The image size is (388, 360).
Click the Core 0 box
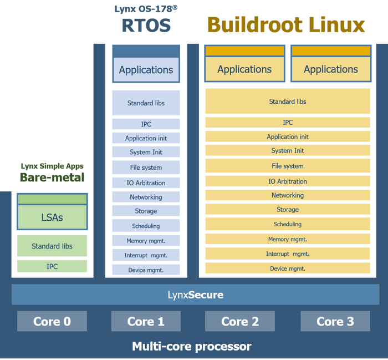[x=52, y=321]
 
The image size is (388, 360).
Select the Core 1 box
[x=146, y=321]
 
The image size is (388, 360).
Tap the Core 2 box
[x=239, y=321]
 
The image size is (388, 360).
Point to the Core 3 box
[x=335, y=321]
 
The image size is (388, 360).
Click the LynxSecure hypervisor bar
[x=195, y=295]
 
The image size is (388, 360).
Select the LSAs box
[x=52, y=217]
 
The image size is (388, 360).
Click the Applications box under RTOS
[x=146, y=70]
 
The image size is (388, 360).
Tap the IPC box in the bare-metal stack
[x=52, y=266]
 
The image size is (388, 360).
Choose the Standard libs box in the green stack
[x=52, y=246]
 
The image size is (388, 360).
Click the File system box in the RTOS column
[x=146, y=168]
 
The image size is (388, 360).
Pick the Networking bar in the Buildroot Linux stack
[x=287, y=195]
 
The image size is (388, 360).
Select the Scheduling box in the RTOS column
[x=146, y=226]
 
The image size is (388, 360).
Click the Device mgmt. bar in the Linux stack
[x=287, y=268]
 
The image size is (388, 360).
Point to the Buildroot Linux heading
[x=286, y=25]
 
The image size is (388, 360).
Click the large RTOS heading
[x=146, y=26]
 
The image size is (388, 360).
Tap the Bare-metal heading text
[x=52, y=178]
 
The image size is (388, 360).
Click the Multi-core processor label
[x=192, y=347]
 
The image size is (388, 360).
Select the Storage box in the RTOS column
[x=146, y=211]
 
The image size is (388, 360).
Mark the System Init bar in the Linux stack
[x=287, y=151]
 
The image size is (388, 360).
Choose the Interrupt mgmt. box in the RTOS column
[x=146, y=255]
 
